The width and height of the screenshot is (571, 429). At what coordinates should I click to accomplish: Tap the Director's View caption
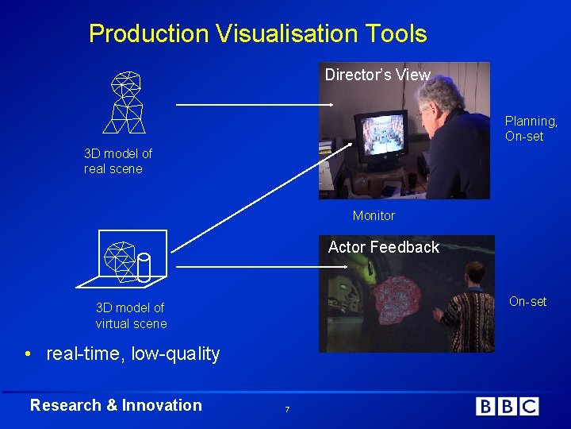377,75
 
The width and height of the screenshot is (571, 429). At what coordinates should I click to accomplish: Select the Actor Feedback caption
383,247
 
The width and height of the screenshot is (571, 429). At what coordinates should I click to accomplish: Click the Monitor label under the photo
374,215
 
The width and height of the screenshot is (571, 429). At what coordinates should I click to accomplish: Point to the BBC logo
507,406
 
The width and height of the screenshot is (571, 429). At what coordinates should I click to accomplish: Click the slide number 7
286,408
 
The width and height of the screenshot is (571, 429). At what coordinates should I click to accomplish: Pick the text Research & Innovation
116,405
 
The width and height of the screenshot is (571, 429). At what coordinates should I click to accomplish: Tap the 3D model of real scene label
118,160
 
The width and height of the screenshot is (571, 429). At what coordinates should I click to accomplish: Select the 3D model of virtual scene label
131,315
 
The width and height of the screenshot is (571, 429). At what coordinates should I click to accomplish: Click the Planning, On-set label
531,129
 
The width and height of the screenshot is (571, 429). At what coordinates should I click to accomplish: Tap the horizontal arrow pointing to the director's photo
254,104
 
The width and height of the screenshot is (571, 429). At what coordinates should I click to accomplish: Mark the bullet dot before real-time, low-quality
28,354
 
